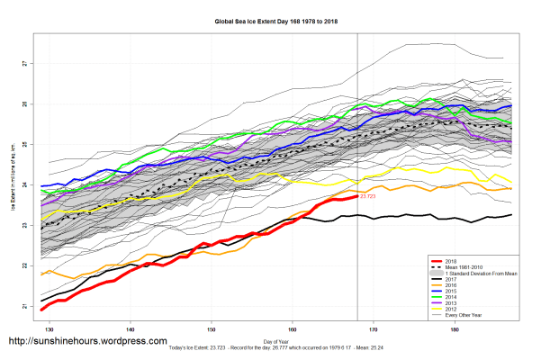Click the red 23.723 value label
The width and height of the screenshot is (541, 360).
[x=368, y=195]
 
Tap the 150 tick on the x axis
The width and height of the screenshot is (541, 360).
[x=211, y=330]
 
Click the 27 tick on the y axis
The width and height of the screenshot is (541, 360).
[x=24, y=64]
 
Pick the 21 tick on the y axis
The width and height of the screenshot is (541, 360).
[x=24, y=307]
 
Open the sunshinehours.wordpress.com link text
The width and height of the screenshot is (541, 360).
[x=87, y=342]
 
